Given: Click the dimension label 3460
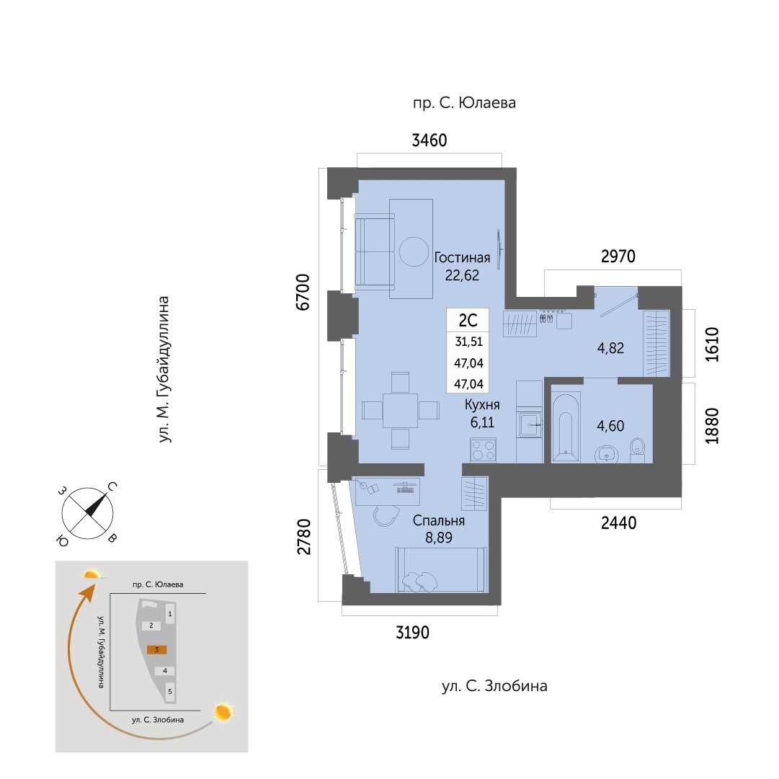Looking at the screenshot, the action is coord(429,141).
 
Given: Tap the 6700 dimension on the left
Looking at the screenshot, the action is coord(303,292).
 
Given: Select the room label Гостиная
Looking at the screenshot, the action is coord(462,257).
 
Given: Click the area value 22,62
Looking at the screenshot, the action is coord(462,275).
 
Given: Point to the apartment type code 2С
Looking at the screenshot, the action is coord(468,321).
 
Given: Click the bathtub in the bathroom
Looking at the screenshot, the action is coord(566,426).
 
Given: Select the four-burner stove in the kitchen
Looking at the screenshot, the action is coord(483,450).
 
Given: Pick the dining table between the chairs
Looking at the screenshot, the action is coord(401,410).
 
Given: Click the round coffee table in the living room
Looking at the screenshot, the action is coord(414,252).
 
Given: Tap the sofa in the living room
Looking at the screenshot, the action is coord(375,251).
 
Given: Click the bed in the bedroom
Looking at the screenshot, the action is coord(441,570).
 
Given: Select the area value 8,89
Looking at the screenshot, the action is coord(439,538).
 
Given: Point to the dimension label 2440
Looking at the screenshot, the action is coord(618,522).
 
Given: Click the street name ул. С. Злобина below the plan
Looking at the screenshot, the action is coord(494,685).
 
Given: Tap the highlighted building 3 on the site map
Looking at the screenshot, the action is coord(156,649).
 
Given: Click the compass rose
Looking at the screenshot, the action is coord(87,513).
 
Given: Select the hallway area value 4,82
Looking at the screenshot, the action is coord(610,348).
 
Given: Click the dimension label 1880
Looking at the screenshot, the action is coord(711,425).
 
